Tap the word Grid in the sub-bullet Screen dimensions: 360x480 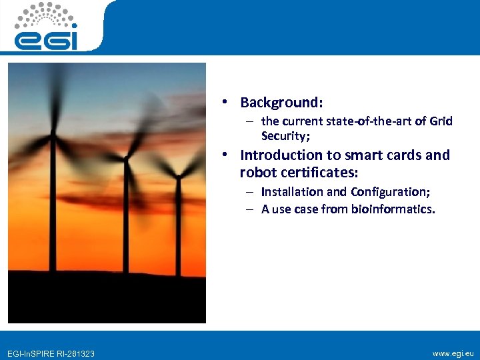(x=441, y=121)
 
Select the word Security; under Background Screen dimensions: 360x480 (x=286, y=136)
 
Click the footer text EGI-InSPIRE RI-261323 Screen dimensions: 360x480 (x=50, y=353)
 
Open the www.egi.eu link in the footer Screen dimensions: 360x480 (x=453, y=353)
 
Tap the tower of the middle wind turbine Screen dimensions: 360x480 (x=124, y=220)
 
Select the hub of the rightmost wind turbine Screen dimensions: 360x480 (x=177, y=176)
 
